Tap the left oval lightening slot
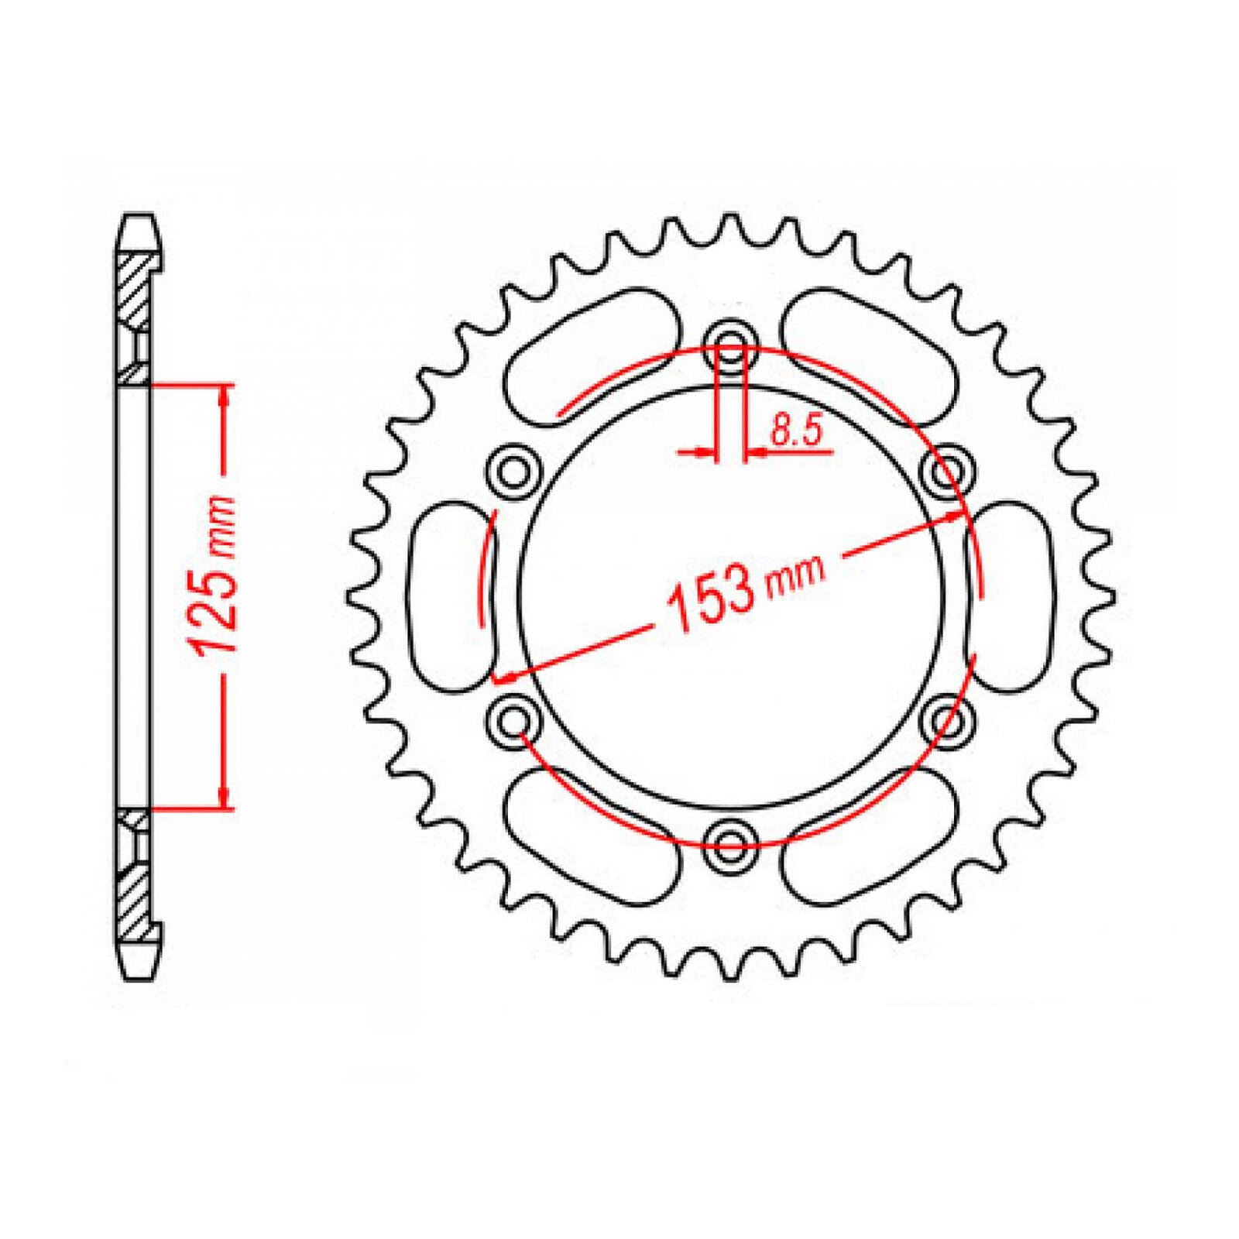pyautogui.click(x=449, y=595)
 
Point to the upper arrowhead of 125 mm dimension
pyautogui.click(x=225, y=395)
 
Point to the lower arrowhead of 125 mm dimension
pyautogui.click(x=225, y=798)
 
